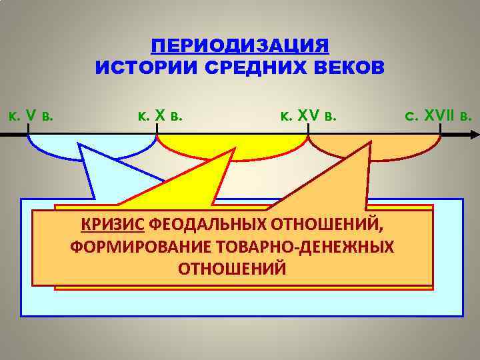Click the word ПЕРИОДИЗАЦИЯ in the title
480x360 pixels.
240,46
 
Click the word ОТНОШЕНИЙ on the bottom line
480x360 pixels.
232,268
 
